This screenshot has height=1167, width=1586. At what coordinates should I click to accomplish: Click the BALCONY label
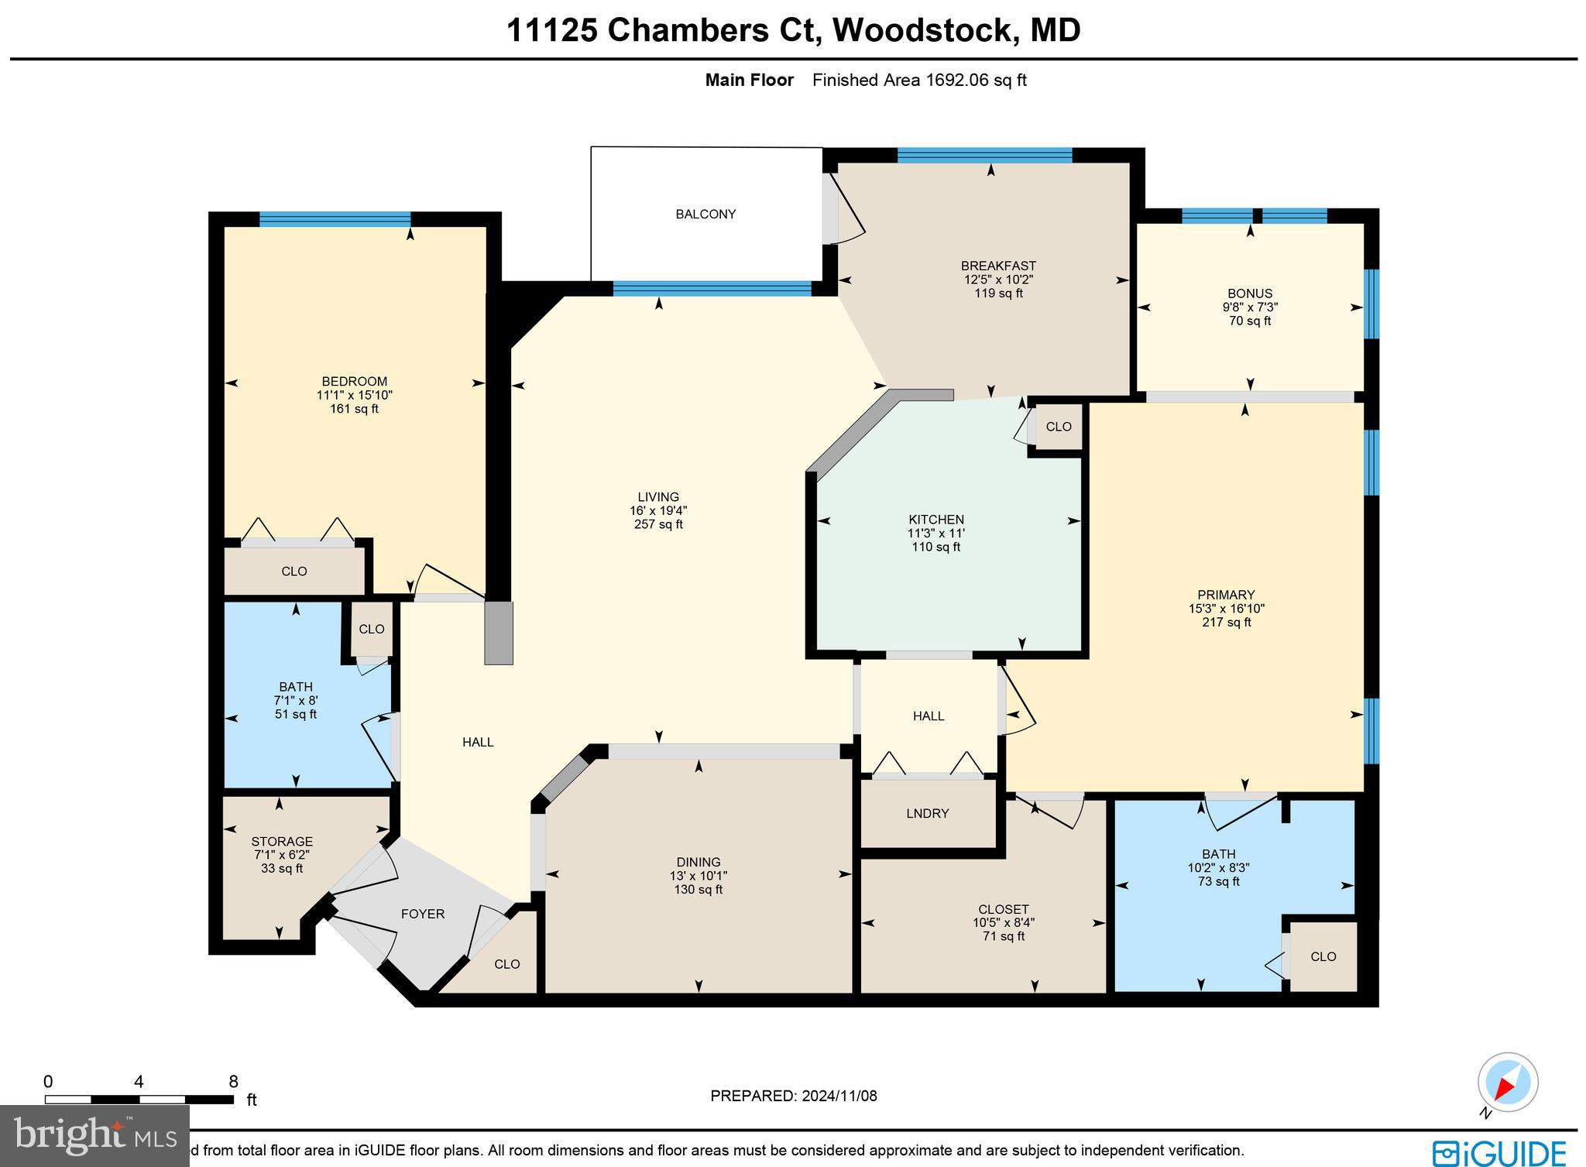pos(705,215)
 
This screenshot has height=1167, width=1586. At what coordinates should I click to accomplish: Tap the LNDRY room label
pos(927,813)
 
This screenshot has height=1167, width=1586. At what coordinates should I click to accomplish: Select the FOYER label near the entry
pos(423,914)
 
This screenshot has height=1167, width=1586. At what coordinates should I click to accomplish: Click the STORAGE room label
pos(282,842)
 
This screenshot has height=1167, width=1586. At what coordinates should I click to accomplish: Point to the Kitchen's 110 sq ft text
pos(935,547)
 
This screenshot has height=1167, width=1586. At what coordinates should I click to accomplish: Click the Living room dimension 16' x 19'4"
pos(658,511)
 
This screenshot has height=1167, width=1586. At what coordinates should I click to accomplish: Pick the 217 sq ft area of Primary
pos(1226,623)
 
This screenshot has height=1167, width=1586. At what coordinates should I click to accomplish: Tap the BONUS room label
pos(1249,293)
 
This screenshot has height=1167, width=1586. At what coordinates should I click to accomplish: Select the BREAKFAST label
pos(998,266)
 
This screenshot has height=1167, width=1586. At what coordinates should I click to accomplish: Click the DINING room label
pos(699,862)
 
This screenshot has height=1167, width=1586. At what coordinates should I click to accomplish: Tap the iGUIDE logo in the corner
pos(1499,1152)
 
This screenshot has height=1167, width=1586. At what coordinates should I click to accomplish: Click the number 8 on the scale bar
pos(233,1082)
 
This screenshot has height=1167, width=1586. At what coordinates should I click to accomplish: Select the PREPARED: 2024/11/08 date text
pos(794,1096)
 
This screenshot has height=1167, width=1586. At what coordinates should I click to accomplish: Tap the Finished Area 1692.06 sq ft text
pos(919,80)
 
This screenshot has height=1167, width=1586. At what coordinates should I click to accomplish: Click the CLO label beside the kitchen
pos(1059,427)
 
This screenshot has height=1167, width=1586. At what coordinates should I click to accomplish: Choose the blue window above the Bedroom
pos(335,219)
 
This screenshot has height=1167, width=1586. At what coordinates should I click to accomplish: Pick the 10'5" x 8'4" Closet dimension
pos(1004,923)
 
